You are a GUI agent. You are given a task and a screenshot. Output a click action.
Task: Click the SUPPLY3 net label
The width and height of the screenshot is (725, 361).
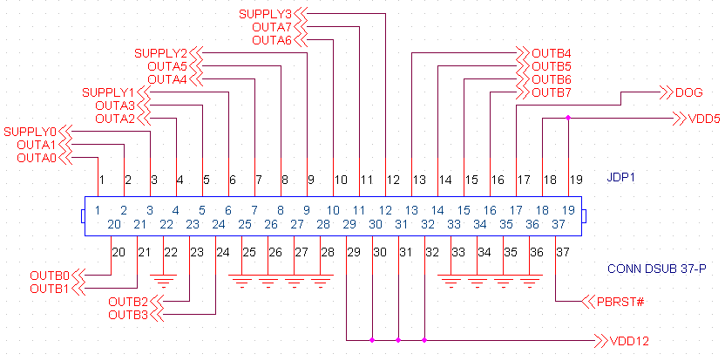click(x=265, y=13)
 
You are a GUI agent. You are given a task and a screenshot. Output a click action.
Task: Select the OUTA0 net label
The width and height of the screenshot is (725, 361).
click(x=36, y=158)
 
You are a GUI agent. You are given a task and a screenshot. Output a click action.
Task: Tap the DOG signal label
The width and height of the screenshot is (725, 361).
click(x=688, y=92)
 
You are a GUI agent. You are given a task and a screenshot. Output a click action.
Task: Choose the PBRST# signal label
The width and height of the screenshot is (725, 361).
click(x=620, y=302)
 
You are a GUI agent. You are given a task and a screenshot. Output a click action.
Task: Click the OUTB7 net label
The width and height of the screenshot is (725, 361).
click(x=552, y=92)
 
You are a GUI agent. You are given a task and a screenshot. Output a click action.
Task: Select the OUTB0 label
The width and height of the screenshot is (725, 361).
click(x=50, y=275)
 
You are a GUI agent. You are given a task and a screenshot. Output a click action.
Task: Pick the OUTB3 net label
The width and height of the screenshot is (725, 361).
click(x=128, y=314)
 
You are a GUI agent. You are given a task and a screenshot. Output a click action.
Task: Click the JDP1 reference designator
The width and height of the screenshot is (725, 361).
click(x=622, y=178)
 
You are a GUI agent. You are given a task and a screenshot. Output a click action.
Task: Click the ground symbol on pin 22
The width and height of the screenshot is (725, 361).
click(x=163, y=280)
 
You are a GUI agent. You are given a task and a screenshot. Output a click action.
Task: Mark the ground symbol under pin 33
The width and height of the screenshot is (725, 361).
click(x=451, y=282)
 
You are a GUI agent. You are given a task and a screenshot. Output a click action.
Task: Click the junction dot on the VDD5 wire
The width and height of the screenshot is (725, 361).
click(x=568, y=118)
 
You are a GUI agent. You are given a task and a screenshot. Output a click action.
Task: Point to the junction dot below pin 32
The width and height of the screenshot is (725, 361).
click(x=424, y=340)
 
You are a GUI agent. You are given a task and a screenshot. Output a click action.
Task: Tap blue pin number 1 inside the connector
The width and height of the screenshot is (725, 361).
click(x=98, y=210)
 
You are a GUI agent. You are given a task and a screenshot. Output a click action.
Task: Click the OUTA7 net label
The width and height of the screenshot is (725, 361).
click(x=271, y=26)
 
